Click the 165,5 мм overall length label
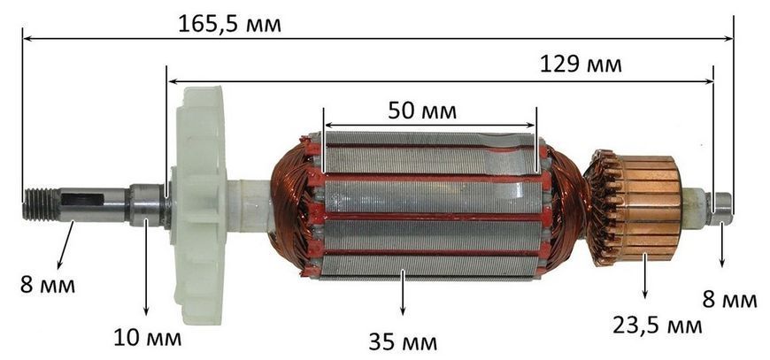point(229,23)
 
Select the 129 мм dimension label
point(581,65)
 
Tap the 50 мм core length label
point(422,111)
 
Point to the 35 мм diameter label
point(402,341)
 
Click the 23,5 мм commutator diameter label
point(657,325)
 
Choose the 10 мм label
point(147,338)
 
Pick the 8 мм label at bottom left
point(48,285)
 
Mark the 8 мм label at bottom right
point(729,300)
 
